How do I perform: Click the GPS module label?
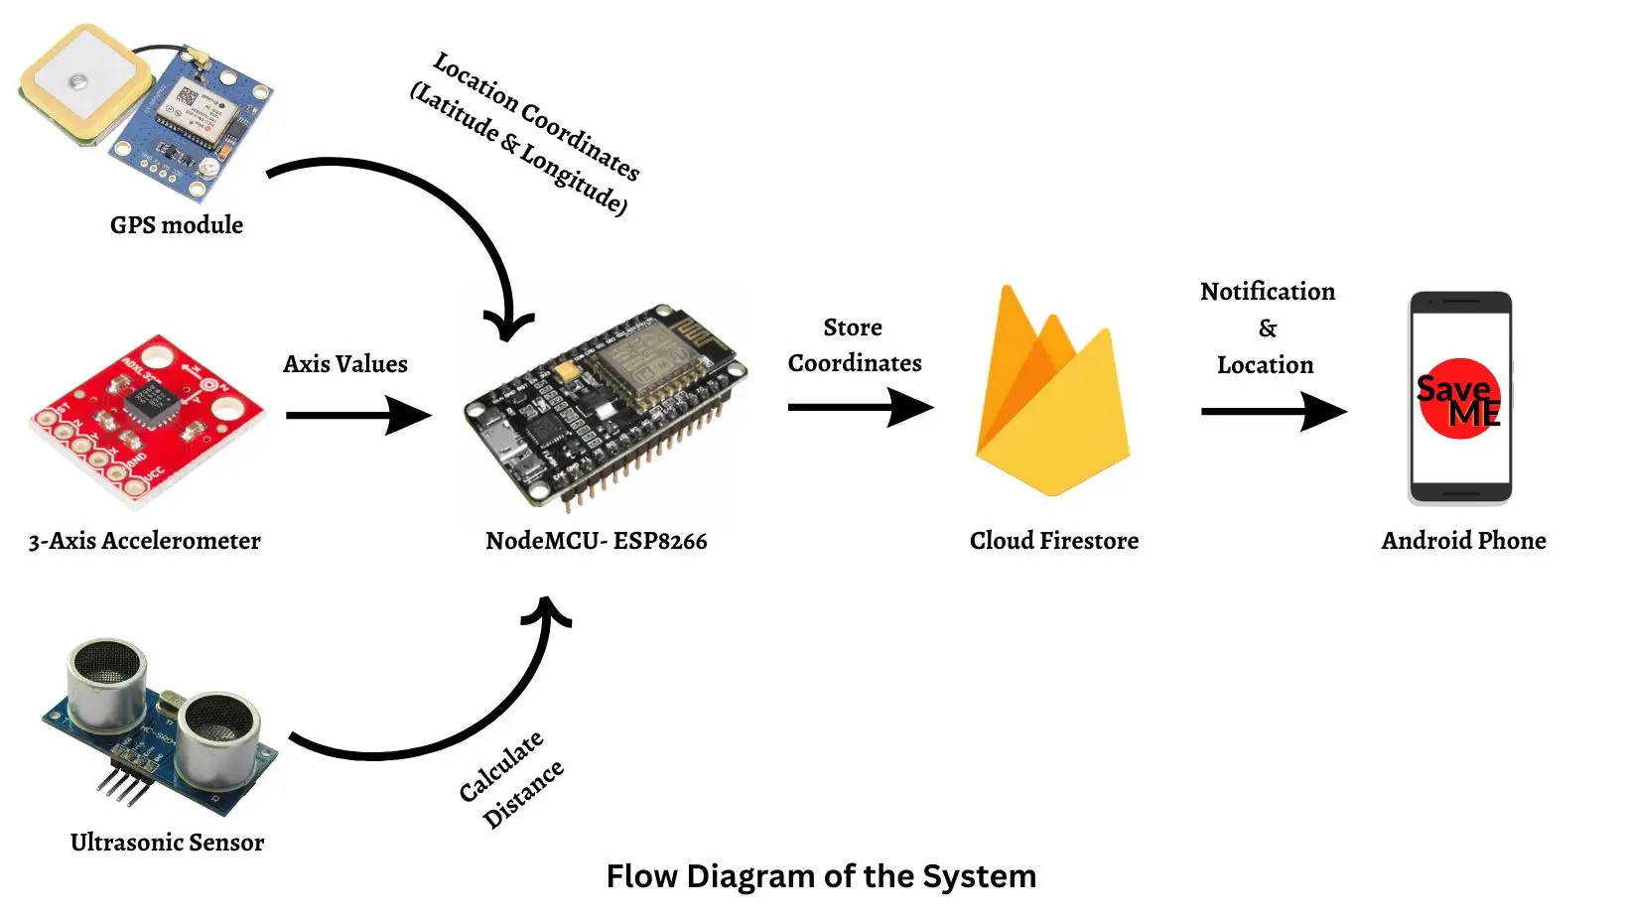click(177, 225)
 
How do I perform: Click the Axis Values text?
click(345, 364)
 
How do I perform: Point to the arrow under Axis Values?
click(357, 415)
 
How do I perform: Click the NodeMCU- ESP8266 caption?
click(596, 541)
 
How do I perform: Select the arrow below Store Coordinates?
click(860, 407)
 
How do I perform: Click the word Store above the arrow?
click(853, 327)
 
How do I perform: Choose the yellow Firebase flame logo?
click(1052, 397)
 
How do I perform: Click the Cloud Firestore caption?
click(1054, 541)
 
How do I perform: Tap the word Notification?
click(1268, 292)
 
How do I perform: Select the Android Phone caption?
click(1463, 541)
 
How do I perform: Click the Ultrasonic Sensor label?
click(167, 843)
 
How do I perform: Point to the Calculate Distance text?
click(511, 780)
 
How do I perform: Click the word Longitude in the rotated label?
click(572, 179)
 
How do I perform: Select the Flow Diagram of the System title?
click(821, 876)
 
